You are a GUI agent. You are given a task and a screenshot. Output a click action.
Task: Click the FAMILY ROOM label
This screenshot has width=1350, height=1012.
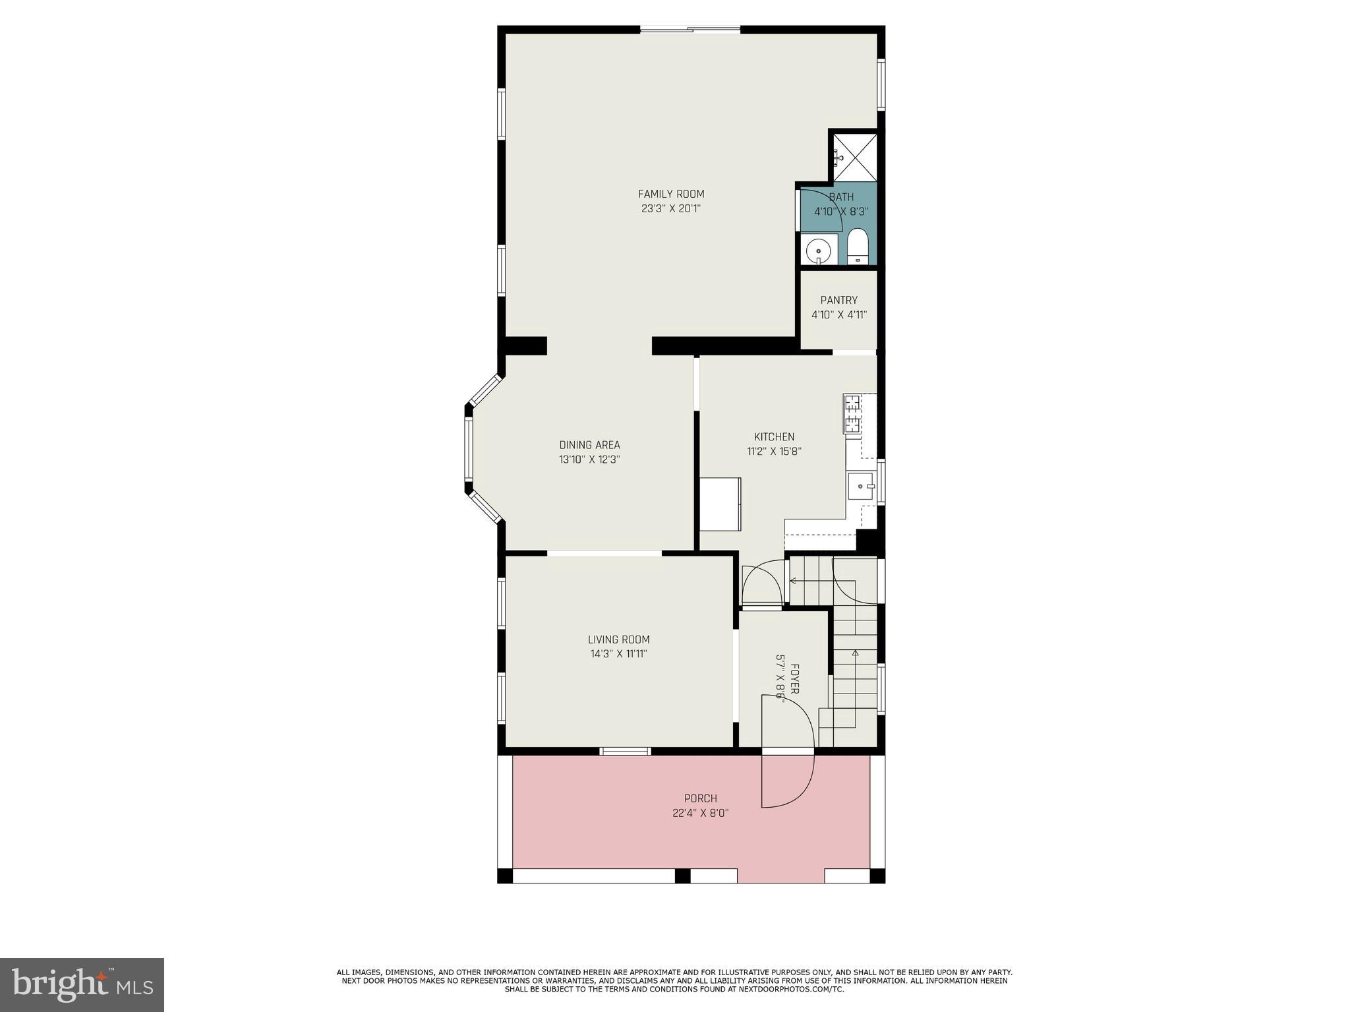[671, 194]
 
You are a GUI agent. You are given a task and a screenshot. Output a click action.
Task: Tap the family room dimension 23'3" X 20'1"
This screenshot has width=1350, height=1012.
[671, 209]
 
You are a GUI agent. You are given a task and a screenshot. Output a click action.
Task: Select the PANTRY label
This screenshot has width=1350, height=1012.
[838, 301]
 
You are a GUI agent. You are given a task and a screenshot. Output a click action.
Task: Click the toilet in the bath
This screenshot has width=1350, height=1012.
[858, 247]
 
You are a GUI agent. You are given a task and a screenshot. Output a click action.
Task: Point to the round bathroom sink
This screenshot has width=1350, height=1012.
[818, 251]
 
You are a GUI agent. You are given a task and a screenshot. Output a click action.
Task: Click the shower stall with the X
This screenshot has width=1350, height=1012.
[855, 157]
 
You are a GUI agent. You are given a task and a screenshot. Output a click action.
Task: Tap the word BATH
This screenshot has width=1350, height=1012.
[841, 197]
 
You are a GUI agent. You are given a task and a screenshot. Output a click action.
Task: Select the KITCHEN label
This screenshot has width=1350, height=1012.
[774, 437]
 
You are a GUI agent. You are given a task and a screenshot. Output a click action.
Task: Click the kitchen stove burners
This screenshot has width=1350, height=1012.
[852, 413]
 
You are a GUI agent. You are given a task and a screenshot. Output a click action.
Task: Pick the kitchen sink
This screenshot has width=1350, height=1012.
[860, 487]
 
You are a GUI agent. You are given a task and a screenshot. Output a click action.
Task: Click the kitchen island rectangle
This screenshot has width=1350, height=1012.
[720, 504]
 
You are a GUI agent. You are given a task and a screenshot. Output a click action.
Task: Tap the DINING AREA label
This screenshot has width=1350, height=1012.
[589, 445]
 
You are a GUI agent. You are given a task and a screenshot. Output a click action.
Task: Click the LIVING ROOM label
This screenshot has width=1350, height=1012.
[618, 640]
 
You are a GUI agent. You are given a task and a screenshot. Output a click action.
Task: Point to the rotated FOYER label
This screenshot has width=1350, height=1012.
[795, 678]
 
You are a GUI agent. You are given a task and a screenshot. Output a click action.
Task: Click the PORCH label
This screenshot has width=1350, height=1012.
[700, 798]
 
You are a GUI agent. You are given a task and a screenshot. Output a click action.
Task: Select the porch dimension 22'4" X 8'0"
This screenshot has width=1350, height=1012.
[700, 814]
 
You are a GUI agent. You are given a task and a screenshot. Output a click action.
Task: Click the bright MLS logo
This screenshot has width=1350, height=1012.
[82, 984]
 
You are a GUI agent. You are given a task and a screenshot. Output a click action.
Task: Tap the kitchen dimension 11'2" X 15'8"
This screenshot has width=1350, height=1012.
[774, 452]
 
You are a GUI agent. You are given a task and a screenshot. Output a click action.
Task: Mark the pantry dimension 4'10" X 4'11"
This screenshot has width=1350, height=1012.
[838, 315]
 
